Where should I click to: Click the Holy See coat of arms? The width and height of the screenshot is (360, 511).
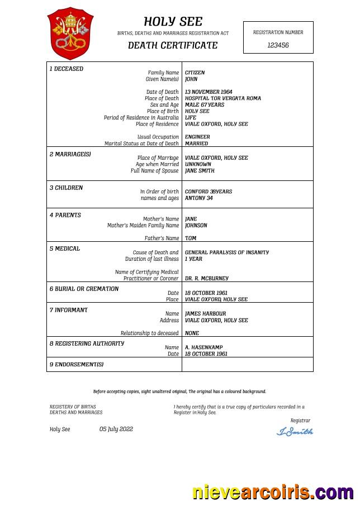click(70, 33)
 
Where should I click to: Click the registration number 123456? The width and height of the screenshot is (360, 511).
click(278, 45)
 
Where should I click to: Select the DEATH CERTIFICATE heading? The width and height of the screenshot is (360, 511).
click(173, 45)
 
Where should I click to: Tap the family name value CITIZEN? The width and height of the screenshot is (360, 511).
click(195, 73)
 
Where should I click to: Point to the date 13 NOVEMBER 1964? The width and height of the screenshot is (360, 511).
click(209, 92)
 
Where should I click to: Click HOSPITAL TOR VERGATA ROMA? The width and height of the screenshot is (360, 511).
click(222, 98)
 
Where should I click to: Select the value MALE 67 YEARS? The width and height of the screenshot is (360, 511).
click(204, 105)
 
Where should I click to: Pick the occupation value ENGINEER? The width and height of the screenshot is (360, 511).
click(197, 137)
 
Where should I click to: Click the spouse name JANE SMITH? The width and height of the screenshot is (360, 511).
click(200, 171)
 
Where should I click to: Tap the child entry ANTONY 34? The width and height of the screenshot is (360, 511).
click(198, 198)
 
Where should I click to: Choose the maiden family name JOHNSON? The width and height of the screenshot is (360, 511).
click(196, 226)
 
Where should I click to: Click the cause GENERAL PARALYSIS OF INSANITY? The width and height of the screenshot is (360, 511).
click(226, 252)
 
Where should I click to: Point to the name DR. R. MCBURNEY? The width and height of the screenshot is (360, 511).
click(206, 278)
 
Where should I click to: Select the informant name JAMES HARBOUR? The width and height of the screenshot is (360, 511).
click(205, 314)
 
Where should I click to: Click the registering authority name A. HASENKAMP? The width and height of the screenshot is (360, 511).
click(203, 347)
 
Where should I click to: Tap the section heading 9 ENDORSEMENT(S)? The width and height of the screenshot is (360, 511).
click(77, 365)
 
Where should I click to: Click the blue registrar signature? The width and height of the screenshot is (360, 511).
click(295, 431)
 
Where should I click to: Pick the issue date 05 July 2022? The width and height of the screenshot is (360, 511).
click(116, 429)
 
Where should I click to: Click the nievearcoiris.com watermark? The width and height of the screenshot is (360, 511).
click(272, 493)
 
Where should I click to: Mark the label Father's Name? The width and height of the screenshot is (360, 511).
click(162, 238)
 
